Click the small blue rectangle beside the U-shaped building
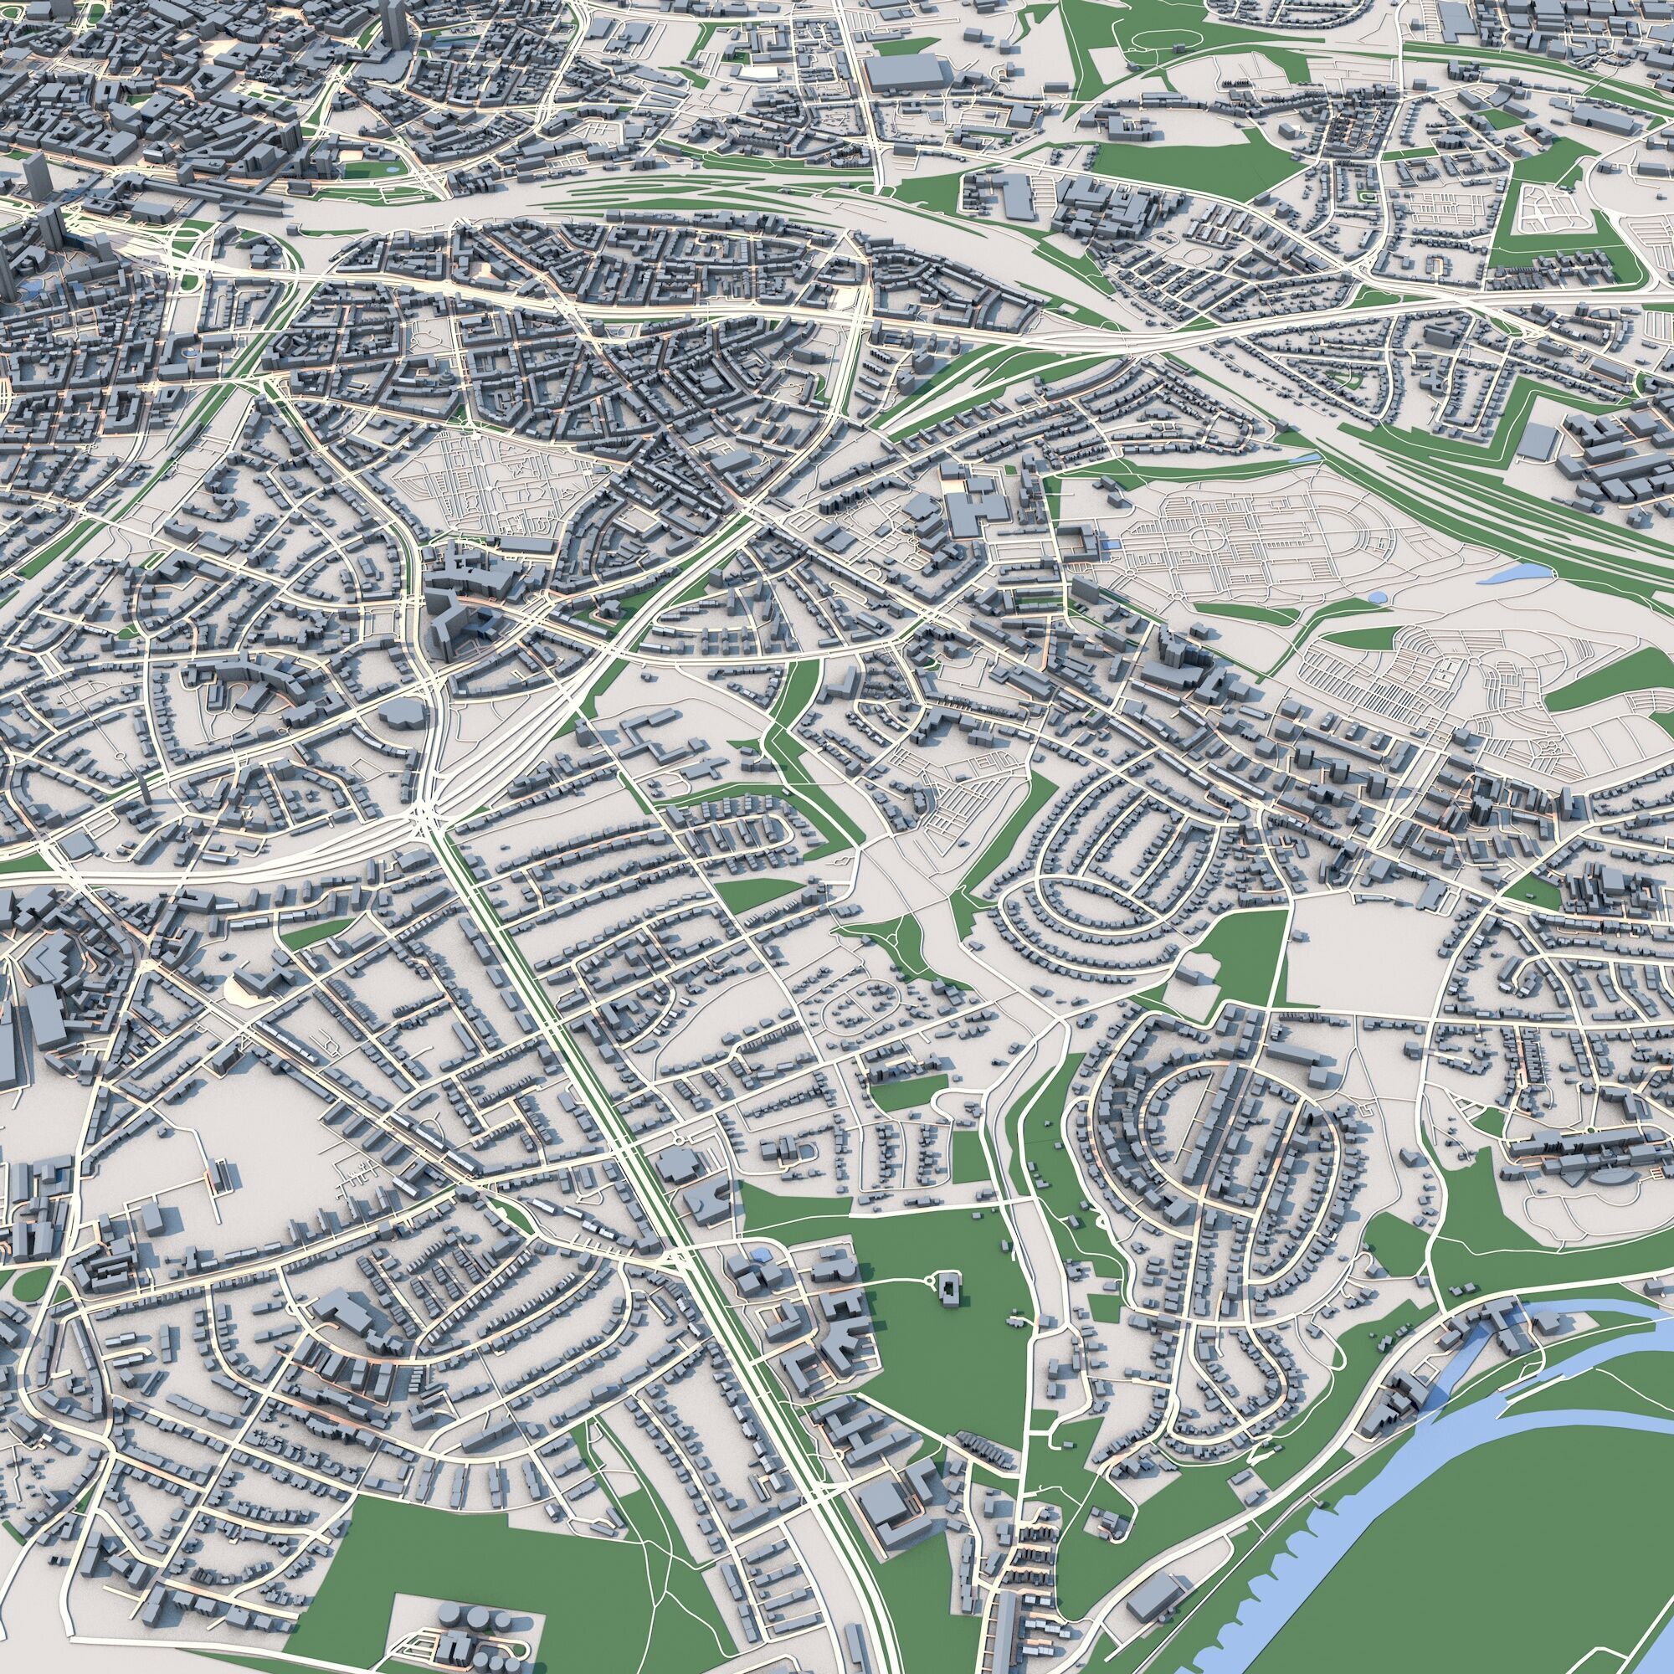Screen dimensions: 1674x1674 point(1112,544)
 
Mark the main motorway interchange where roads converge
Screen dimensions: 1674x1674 point(424,814)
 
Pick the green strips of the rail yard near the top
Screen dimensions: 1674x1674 point(693,208)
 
